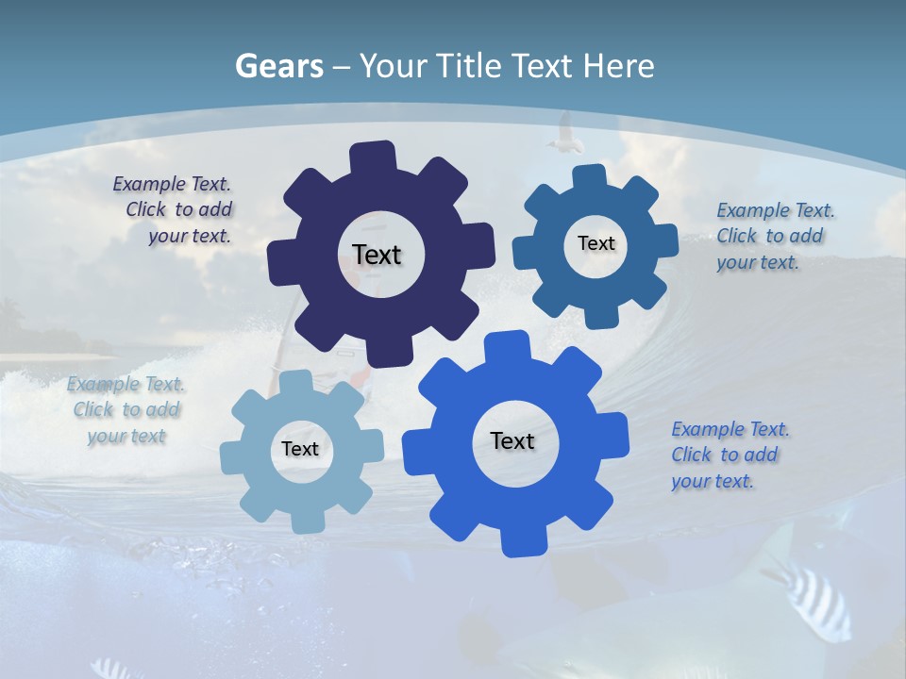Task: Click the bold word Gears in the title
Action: pyautogui.click(x=278, y=66)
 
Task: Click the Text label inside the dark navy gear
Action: pyautogui.click(x=377, y=255)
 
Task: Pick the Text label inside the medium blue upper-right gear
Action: pyautogui.click(x=596, y=243)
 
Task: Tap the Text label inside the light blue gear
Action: pyautogui.click(x=300, y=449)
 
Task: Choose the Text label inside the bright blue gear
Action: pyautogui.click(x=512, y=440)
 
